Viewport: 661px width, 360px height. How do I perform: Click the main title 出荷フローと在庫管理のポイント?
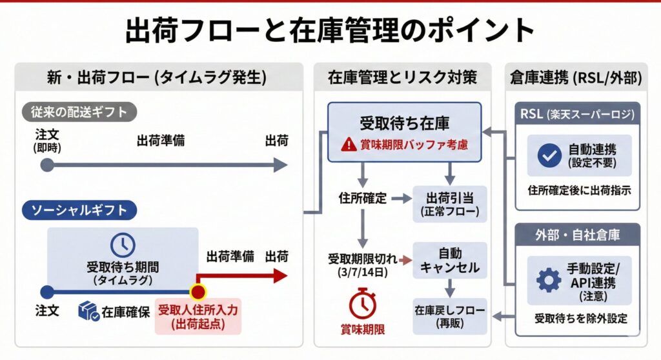tap(330, 30)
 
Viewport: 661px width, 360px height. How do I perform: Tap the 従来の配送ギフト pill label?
tap(79, 112)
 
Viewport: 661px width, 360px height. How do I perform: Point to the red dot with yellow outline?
tap(198, 292)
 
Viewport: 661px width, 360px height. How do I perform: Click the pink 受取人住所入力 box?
tap(198, 317)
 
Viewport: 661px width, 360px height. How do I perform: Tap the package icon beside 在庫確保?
tap(88, 312)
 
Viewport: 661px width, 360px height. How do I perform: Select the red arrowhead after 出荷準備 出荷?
tap(280, 276)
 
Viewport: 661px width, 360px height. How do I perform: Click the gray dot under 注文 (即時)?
tap(47, 165)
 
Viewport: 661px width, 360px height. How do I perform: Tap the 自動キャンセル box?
tap(449, 260)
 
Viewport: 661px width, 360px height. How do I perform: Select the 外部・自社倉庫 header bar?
tap(578, 235)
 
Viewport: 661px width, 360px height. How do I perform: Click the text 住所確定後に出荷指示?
tap(578, 190)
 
